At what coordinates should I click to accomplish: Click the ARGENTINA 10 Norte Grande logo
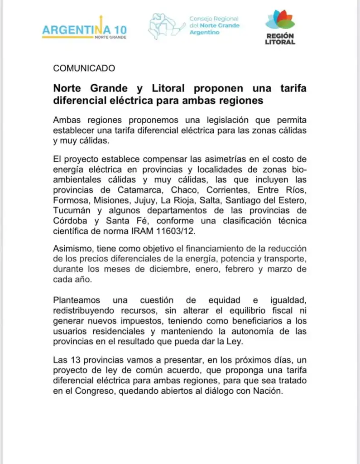point(84,30)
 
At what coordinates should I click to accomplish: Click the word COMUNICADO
point(84,68)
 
